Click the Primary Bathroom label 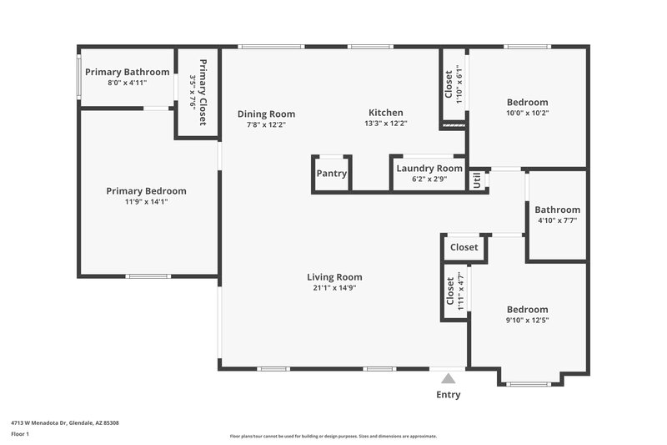[x=127, y=73]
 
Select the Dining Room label [x=266, y=114]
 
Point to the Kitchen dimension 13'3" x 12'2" [x=385, y=124]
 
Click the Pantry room [x=331, y=174]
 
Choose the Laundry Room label [x=429, y=168]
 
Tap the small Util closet [x=477, y=180]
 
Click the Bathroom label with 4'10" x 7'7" [x=557, y=210]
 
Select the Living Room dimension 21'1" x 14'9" [x=334, y=288]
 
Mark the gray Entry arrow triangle [x=448, y=379]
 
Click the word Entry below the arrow [x=448, y=395]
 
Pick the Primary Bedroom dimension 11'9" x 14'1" [x=146, y=201]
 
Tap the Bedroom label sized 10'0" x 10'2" [x=528, y=102]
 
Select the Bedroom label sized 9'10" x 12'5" [x=528, y=309]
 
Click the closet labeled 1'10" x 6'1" [x=453, y=85]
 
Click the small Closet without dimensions [x=464, y=247]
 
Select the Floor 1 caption [x=20, y=434]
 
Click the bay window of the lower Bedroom [x=529, y=383]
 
